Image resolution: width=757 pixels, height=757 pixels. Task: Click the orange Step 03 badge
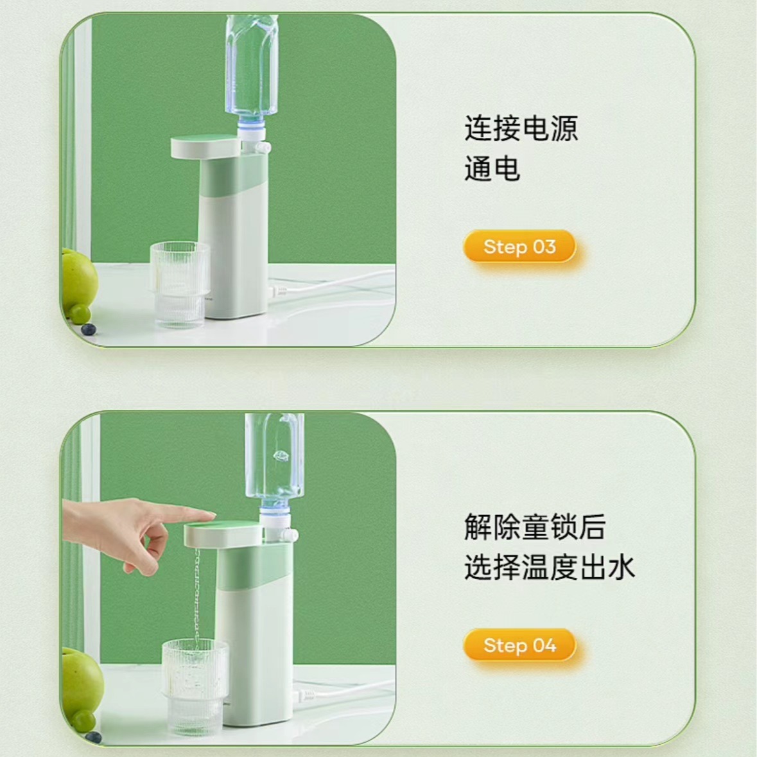pos(519,247)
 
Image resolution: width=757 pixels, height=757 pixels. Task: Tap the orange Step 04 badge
pos(519,645)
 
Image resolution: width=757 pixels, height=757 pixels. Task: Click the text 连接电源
pos(521,128)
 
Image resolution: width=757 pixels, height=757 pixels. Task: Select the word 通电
pos(492,170)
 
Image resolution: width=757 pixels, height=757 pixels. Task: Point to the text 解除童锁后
pos(535,527)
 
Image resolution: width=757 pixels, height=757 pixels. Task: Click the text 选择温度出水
pos(549,568)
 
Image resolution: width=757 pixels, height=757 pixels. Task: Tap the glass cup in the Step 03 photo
pos(179,283)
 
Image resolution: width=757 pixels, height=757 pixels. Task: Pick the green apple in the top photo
pos(78,279)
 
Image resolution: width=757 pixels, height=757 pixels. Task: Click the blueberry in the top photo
pos(89,329)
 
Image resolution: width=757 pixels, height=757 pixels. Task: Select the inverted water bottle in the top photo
pos(251,64)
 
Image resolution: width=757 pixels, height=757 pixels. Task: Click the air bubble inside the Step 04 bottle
pos(281,457)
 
